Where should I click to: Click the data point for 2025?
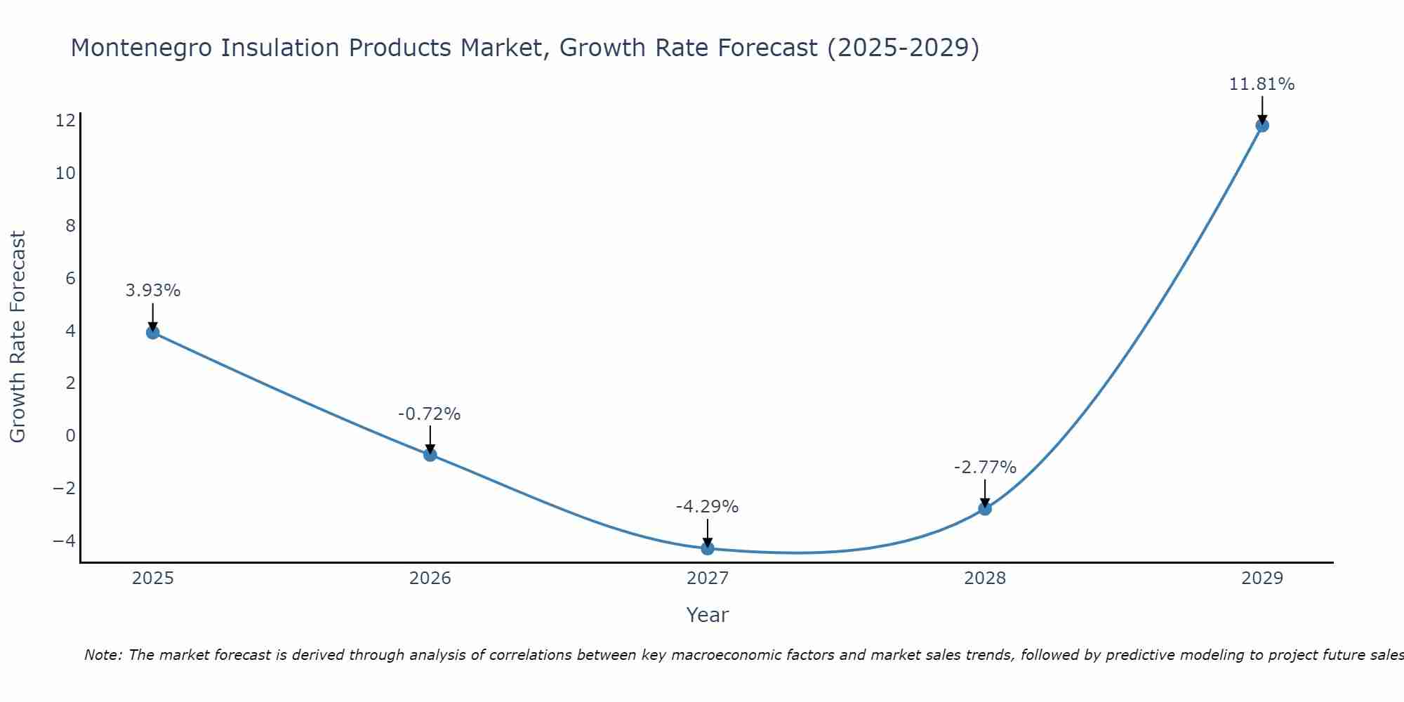[x=153, y=332]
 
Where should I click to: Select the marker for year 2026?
[x=430, y=454]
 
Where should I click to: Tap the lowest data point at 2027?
[x=708, y=548]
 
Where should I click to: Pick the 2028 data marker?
[x=985, y=508]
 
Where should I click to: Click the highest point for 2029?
[x=1262, y=125]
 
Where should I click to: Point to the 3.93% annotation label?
[x=153, y=291]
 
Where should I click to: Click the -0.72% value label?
[x=430, y=414]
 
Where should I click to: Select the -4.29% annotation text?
[x=707, y=507]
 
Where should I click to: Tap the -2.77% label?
[x=985, y=468]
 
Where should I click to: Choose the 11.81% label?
[x=1261, y=84]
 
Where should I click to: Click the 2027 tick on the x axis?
[x=708, y=578]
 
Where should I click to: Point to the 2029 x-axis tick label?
[x=1262, y=578]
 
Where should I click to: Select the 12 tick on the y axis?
[x=65, y=121]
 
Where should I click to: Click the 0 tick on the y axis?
[x=70, y=435]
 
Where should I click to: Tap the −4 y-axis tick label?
[x=64, y=541]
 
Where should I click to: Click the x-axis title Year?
[x=708, y=615]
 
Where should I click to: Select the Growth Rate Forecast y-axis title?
[x=18, y=337]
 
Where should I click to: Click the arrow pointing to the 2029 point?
[x=1262, y=109]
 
